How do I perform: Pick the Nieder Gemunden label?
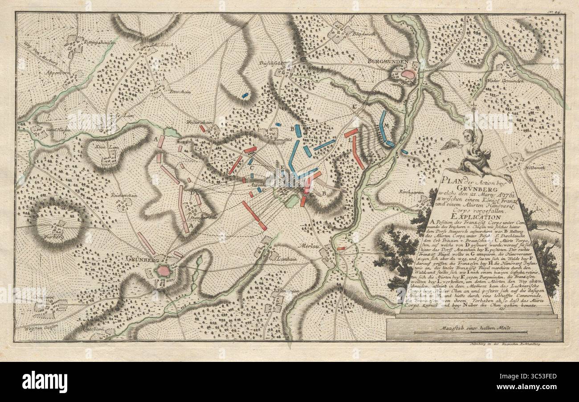point(516,81)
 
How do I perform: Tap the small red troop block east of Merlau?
point(341,248)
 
